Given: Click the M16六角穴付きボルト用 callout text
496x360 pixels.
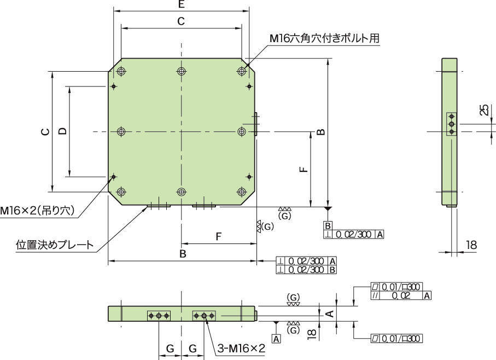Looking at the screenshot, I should pyautogui.click(x=324, y=38).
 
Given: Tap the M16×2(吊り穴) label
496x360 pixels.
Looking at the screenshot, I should pyautogui.click(x=37, y=211).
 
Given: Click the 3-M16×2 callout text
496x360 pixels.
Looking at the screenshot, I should pyautogui.click(x=241, y=348).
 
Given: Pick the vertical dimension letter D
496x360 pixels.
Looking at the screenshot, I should pyautogui.click(x=63, y=131).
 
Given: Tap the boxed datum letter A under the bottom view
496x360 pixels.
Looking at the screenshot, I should pyautogui.click(x=277, y=339).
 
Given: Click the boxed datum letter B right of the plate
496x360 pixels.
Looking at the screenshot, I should pyautogui.click(x=328, y=226).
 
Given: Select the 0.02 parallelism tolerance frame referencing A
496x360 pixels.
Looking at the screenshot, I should pyautogui.click(x=401, y=295).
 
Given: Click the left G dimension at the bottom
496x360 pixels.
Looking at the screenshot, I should pyautogui.click(x=170, y=348).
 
